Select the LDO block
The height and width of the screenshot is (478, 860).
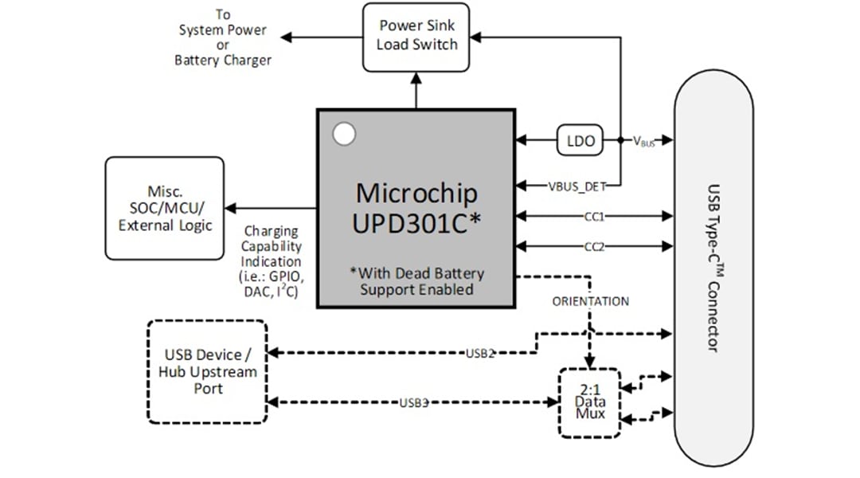(580, 140)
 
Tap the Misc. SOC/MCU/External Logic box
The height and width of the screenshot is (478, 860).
(165, 208)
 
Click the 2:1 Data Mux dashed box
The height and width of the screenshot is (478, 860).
(589, 402)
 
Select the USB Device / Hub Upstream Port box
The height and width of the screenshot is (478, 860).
(206, 371)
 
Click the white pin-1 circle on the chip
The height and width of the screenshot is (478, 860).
(344, 135)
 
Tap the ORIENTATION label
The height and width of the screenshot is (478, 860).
(590, 301)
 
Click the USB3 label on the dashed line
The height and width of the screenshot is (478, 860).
(414, 402)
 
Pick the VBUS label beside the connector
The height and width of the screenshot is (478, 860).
(643, 141)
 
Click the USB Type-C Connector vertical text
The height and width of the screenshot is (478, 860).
(713, 268)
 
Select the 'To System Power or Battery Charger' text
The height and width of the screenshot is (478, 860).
(223, 37)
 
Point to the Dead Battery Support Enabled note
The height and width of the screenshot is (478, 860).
(416, 281)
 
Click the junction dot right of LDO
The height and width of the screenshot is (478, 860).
(620, 140)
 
